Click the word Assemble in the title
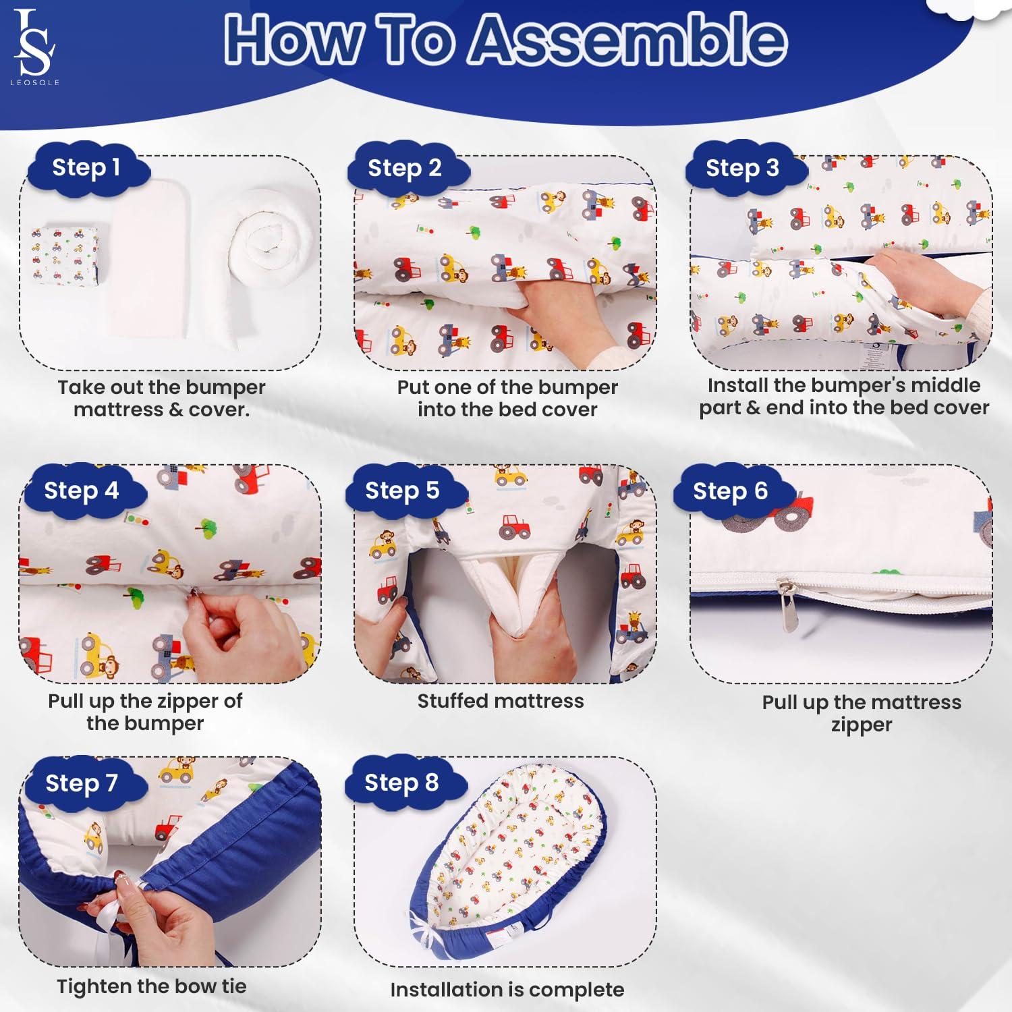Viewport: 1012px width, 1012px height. [x=627, y=39]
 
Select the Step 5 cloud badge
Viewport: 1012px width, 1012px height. [x=403, y=491]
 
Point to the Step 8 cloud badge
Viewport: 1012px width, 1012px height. [x=403, y=783]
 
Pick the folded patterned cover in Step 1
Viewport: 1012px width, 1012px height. [x=65, y=255]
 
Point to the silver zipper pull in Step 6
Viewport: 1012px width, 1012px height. [x=787, y=607]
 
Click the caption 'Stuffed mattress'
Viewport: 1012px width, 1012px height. [x=501, y=702]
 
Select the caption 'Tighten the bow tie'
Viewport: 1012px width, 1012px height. [x=152, y=986]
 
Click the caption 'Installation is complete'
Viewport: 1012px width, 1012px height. [x=507, y=990]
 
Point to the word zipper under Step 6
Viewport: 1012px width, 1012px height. [x=862, y=725]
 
